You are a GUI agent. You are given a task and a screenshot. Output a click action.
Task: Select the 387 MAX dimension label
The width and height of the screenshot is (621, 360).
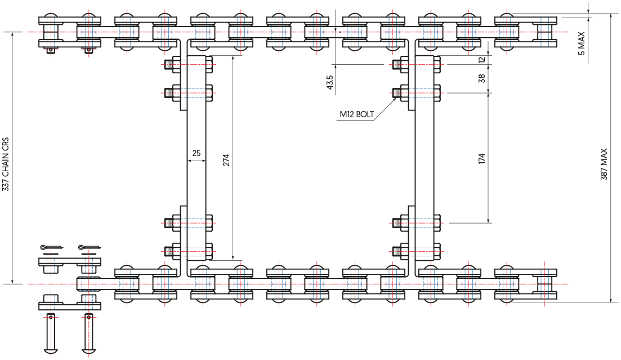tap(604, 164)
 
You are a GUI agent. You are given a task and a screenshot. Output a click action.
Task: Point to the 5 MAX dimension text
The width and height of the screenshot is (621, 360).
tap(582, 43)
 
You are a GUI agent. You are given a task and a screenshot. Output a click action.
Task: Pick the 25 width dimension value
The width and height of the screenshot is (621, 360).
tap(196, 153)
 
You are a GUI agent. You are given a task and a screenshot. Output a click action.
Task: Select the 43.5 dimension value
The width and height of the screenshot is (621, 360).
tap(329, 82)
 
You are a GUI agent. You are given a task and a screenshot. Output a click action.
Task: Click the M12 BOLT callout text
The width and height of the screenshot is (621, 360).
tap(356, 114)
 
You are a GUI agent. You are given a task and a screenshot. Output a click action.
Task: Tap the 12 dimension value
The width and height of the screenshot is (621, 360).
tap(481, 60)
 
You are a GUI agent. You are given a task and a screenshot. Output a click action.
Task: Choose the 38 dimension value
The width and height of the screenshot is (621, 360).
tap(481, 79)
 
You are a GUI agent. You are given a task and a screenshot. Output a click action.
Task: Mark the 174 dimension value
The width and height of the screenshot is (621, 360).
tap(481, 159)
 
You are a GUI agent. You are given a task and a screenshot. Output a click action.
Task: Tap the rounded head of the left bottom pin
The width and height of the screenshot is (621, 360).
tap(50, 352)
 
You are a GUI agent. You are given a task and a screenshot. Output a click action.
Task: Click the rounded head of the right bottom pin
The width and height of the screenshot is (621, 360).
tap(88, 352)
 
